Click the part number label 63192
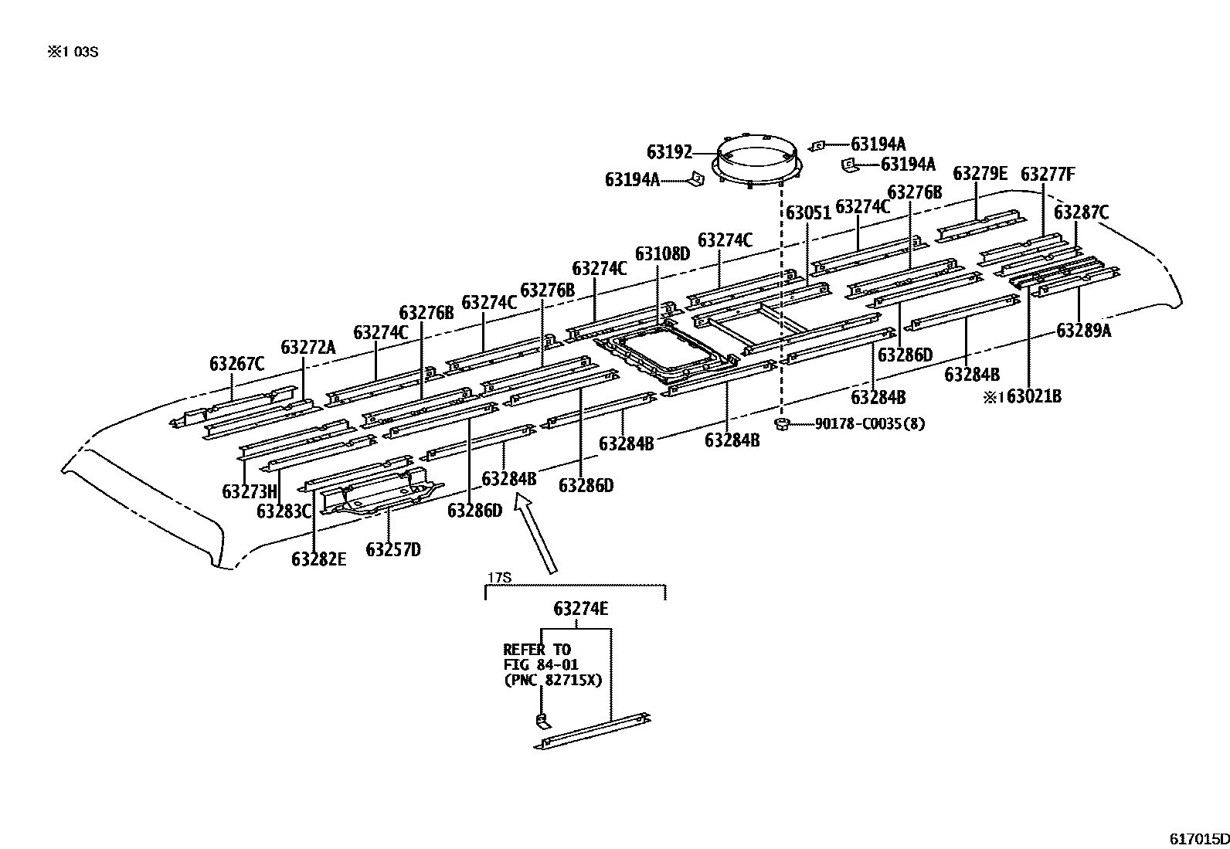[669, 152]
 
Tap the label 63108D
[662, 253]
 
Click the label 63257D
[393, 549]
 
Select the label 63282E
[318, 559]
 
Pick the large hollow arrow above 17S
[538, 535]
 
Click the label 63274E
[580, 609]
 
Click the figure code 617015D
[1198, 838]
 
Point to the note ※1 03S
[73, 53]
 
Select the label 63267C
[236, 363]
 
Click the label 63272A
[307, 347]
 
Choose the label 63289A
[1084, 331]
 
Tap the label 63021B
[1034, 396]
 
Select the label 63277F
[1047, 174]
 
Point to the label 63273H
[249, 491]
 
